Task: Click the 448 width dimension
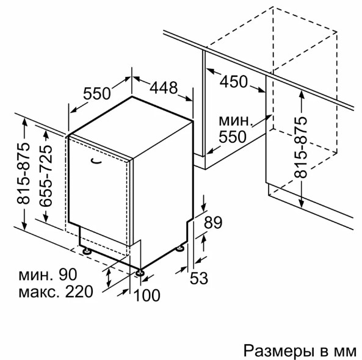point(164,88)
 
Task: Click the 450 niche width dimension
point(233,82)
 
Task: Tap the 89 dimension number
point(213,223)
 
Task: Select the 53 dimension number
point(199,278)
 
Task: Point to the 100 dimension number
point(147,295)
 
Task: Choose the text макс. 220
point(56,292)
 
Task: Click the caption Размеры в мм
point(300,351)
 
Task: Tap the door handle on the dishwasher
point(96,162)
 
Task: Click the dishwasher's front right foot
point(140,272)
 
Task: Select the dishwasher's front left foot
point(87,251)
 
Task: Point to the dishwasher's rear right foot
point(180,248)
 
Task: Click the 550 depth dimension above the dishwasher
point(96,93)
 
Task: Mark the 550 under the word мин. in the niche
point(233,137)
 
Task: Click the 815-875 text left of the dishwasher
point(23,173)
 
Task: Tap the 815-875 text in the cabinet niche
point(300,148)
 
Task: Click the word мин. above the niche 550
point(235,121)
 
